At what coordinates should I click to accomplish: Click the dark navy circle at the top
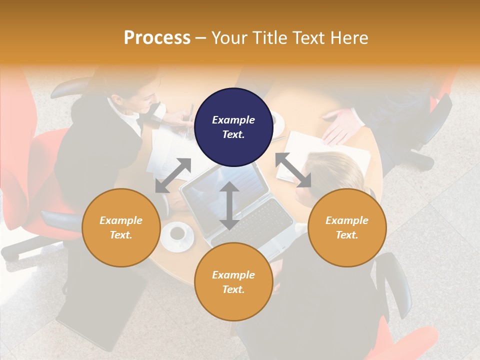233,127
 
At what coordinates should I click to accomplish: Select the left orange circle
121,227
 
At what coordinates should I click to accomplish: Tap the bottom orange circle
233,281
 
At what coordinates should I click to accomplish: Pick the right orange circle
346,227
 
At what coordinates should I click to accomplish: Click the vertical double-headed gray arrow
229,205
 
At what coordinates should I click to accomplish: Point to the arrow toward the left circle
173,175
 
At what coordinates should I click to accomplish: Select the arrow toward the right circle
293,170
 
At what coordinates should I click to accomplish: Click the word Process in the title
157,37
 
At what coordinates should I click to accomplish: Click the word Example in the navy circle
233,120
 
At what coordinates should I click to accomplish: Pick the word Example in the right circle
346,220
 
